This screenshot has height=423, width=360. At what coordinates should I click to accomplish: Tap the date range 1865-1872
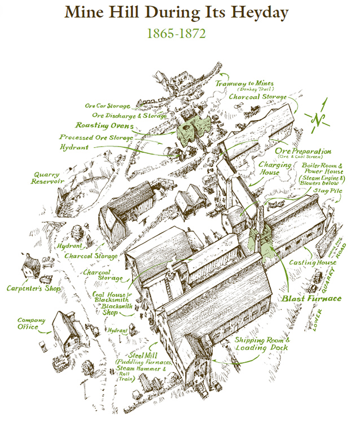(x=176, y=33)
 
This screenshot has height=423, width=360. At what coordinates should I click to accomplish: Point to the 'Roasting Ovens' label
(x=105, y=126)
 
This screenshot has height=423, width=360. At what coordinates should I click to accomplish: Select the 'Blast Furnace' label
(x=311, y=298)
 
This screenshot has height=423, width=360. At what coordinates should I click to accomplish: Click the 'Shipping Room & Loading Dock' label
(x=262, y=344)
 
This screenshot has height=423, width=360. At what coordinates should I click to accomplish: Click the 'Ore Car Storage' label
(x=108, y=105)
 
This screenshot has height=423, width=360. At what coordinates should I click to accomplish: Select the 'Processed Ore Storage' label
(x=96, y=137)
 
